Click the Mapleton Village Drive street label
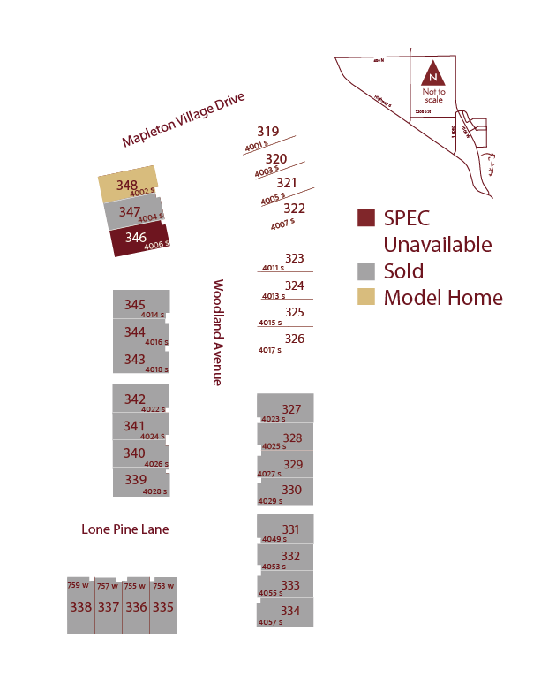183,120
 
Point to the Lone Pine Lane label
124,529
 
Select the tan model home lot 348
128,186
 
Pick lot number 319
267,132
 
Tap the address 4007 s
282,224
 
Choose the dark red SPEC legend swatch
366,218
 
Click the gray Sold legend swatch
366,271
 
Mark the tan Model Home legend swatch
366,297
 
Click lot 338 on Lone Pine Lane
80,607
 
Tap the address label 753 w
163,586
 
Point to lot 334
285,612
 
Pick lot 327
285,408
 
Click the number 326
295,339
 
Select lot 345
140,305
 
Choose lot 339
140,481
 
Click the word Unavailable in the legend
438,245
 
